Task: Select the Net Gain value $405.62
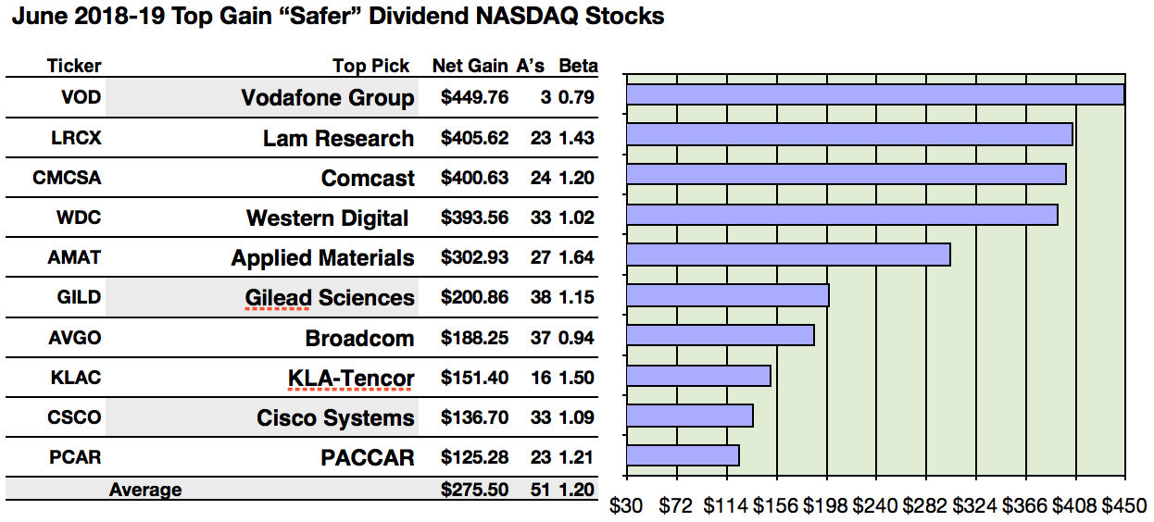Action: coord(474,139)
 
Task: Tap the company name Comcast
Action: coord(368,179)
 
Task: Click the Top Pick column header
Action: coord(370,66)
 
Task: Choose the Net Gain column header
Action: coord(470,66)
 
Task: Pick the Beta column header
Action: coord(577,66)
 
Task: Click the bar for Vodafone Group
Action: coord(874,95)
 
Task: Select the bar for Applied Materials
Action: coord(788,255)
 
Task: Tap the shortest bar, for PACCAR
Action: coord(683,454)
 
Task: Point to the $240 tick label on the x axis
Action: coord(874,506)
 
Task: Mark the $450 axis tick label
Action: coord(1124,506)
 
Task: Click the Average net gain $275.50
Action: coord(474,490)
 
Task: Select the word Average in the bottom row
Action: coord(145,490)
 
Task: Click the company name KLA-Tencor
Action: coord(351,378)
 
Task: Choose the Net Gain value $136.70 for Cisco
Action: coord(474,417)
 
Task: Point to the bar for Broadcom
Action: coord(721,335)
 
